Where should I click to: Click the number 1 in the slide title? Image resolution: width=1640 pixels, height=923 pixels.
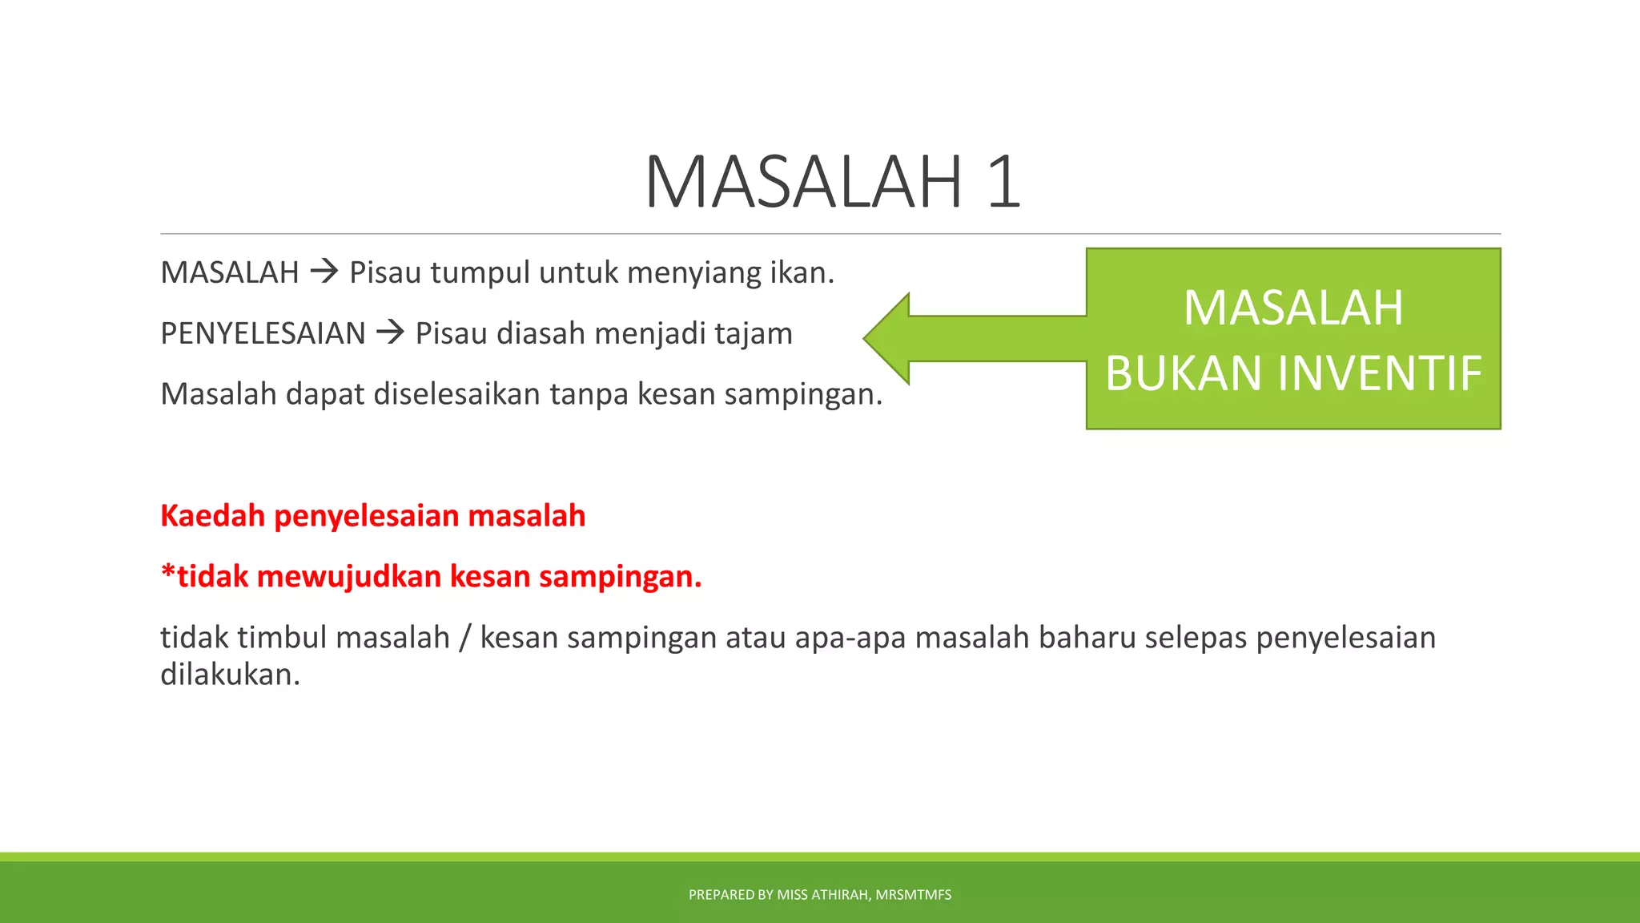click(1003, 183)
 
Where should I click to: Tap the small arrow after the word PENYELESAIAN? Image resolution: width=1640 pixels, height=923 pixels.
click(391, 332)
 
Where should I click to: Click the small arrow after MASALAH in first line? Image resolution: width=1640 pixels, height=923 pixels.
click(324, 272)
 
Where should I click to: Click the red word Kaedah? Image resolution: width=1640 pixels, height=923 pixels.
click(212, 516)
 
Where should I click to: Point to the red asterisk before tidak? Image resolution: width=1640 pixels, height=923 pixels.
click(167, 572)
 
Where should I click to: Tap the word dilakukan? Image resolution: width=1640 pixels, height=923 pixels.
click(230, 675)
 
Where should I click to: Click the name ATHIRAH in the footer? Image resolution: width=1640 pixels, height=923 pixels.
click(840, 895)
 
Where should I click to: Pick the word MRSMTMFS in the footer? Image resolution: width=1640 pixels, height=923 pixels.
click(913, 895)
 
